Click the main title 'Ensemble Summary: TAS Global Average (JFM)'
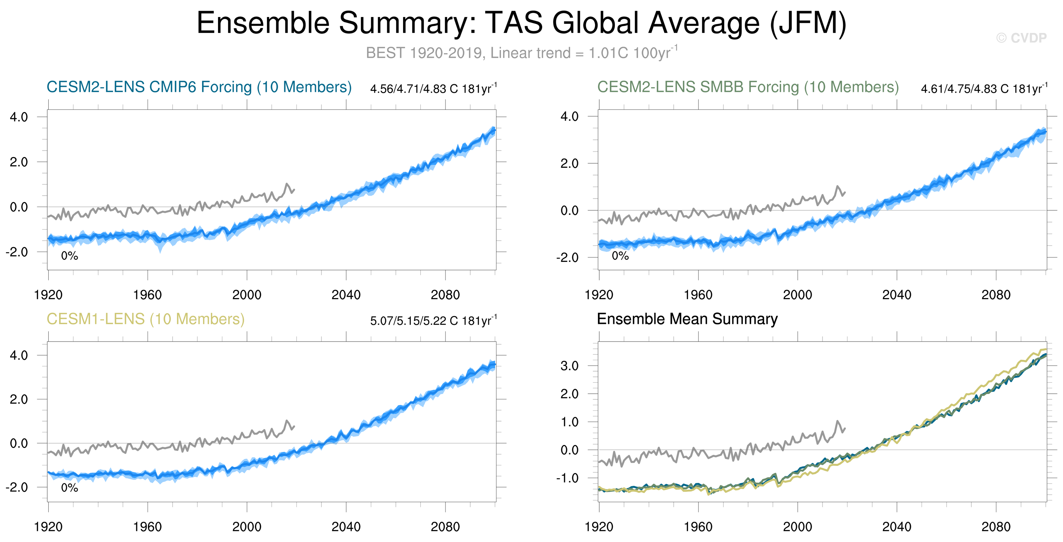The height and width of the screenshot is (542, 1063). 521,23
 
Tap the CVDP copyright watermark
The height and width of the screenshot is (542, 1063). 1021,38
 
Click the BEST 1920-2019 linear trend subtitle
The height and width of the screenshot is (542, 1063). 521,53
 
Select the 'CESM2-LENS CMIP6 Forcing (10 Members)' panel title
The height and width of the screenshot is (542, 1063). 199,87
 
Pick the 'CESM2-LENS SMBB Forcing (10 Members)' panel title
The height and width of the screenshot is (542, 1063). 748,87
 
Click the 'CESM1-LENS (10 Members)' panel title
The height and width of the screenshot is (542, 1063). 145,319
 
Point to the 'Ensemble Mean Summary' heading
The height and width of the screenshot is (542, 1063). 687,319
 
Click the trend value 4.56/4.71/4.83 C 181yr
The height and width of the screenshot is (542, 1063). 433,89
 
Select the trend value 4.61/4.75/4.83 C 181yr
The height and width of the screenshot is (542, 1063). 984,89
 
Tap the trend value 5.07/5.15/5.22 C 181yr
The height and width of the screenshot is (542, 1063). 433,321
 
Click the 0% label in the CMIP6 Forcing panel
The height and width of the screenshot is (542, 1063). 69,256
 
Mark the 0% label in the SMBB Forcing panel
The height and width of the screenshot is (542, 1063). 620,256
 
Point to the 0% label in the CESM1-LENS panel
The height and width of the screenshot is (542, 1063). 69,488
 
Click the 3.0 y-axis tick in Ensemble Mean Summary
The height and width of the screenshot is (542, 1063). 570,366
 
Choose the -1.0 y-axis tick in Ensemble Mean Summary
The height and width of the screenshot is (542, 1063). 567,478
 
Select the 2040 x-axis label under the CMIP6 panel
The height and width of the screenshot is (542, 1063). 346,295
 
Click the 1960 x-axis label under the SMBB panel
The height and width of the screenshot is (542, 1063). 698,295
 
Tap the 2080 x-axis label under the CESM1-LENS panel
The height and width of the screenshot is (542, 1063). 445,527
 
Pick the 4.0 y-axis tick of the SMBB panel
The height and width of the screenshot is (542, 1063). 570,117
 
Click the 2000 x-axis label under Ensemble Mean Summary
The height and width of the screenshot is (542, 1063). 797,527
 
